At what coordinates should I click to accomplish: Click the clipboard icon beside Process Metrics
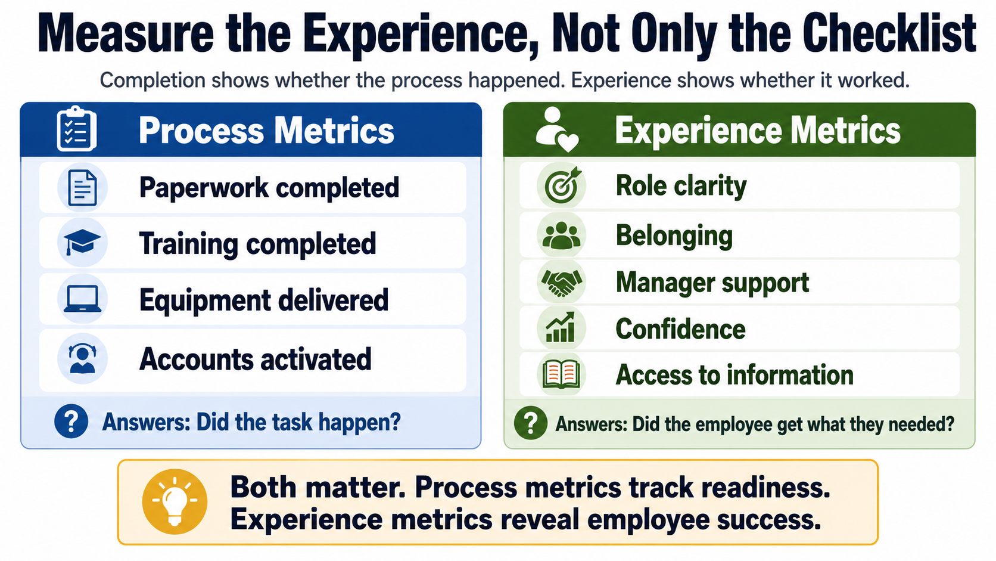pyautogui.click(x=76, y=129)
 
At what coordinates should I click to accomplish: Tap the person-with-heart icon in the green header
pyautogui.click(x=557, y=130)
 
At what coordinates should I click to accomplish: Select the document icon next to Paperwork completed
pyautogui.click(x=82, y=188)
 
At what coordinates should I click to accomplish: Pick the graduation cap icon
pyautogui.click(x=82, y=243)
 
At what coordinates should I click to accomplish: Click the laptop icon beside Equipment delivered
pyautogui.click(x=82, y=299)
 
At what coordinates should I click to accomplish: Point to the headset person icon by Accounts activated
pyautogui.click(x=82, y=358)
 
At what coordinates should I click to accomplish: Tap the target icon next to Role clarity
pyautogui.click(x=562, y=185)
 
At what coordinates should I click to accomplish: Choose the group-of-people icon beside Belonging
pyautogui.click(x=562, y=235)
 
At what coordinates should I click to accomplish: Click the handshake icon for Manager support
pyautogui.click(x=562, y=283)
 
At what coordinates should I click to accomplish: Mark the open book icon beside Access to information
pyautogui.click(x=561, y=374)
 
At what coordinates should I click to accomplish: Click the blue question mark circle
pyautogui.click(x=71, y=421)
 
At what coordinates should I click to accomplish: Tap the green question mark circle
pyautogui.click(x=530, y=423)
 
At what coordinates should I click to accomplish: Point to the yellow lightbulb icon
pyautogui.click(x=175, y=501)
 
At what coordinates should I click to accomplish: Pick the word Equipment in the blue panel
pyautogui.click(x=205, y=301)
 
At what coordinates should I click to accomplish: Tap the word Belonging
pyautogui.click(x=674, y=236)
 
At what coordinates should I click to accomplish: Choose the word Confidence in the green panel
pyautogui.click(x=680, y=329)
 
